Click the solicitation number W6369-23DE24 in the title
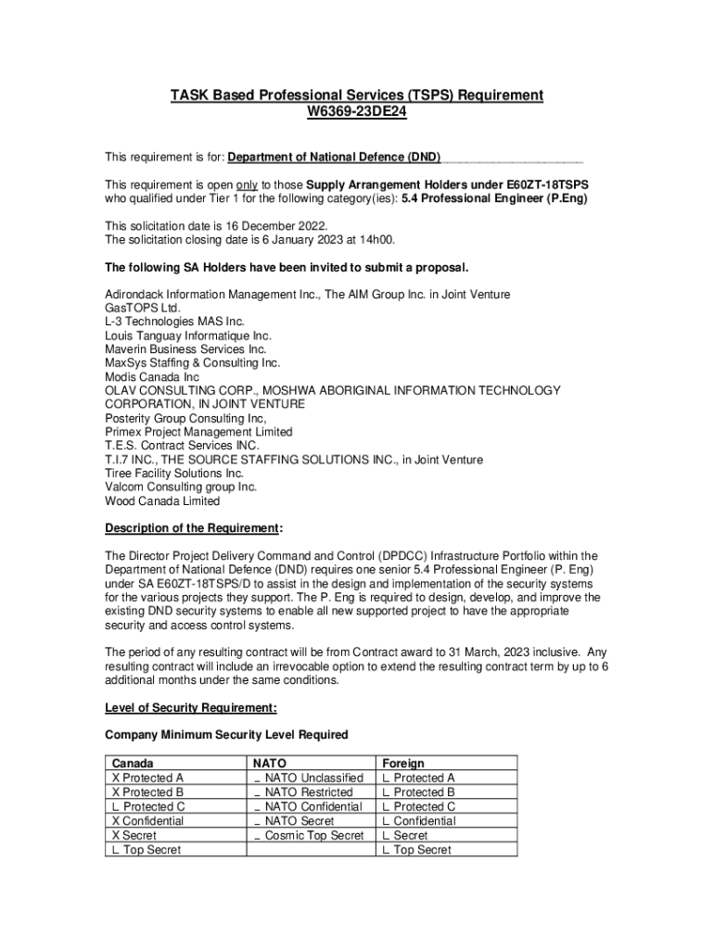pos(356,112)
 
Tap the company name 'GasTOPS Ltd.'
pos(143,308)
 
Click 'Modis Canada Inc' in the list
pos(151,377)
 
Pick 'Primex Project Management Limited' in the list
pos(198,432)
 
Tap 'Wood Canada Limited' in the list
pos(162,501)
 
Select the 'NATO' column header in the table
pos(270,764)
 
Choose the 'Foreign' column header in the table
pos(403,764)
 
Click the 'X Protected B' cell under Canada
pos(147,792)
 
